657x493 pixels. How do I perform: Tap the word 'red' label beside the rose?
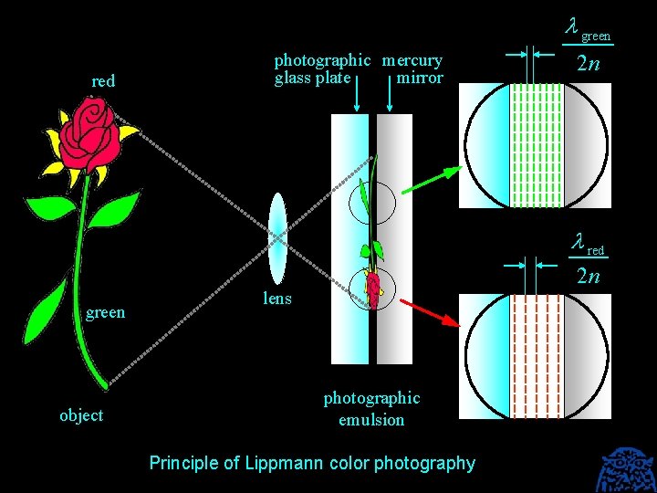[x=103, y=81]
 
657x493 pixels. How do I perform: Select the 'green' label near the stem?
[x=105, y=313]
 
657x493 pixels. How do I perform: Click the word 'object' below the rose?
[x=81, y=416]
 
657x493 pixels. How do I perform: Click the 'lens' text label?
[x=277, y=299]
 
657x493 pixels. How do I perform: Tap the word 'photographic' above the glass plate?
[x=322, y=61]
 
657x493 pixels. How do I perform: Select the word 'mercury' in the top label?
[x=412, y=61]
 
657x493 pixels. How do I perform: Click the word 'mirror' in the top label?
[x=420, y=79]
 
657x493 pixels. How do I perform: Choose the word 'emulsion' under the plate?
[x=371, y=421]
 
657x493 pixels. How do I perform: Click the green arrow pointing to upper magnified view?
[x=428, y=181]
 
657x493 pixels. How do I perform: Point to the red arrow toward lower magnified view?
[x=429, y=310]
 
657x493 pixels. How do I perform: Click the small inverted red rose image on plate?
[x=373, y=287]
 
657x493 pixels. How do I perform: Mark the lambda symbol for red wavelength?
[x=577, y=244]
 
